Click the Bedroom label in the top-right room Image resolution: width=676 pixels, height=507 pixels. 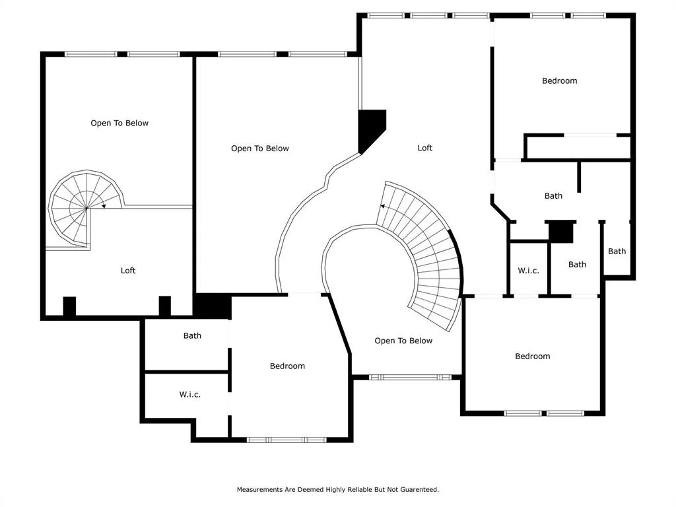[x=559, y=81]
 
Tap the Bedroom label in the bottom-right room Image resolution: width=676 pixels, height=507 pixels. [x=533, y=356]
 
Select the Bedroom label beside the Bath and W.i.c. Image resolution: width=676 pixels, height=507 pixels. [x=287, y=366]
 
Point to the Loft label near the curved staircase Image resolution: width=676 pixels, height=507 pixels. [x=424, y=148]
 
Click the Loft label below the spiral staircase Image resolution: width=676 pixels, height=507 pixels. [x=128, y=270]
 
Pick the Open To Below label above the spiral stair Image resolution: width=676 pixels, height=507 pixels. [x=119, y=123]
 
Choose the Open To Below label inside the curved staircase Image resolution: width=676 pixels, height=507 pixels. [x=403, y=341]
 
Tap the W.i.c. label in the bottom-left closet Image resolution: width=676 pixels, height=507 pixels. [x=189, y=395]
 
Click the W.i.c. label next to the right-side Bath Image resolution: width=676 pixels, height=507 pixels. [x=528, y=271]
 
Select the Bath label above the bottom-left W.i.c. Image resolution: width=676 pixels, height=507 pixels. [x=192, y=335]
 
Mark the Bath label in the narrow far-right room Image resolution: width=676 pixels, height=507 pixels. [x=617, y=251]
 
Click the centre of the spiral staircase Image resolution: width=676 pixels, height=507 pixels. [x=86, y=208]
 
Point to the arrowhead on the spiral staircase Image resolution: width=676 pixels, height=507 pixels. [x=104, y=206]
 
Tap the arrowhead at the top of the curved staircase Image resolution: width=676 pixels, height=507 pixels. [x=382, y=206]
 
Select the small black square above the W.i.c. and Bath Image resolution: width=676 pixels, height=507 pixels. [x=561, y=232]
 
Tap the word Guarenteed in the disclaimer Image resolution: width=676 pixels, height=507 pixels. [x=419, y=489]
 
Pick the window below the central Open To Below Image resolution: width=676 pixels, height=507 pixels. [x=410, y=377]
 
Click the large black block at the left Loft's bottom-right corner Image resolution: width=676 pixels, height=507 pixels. [x=212, y=306]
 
